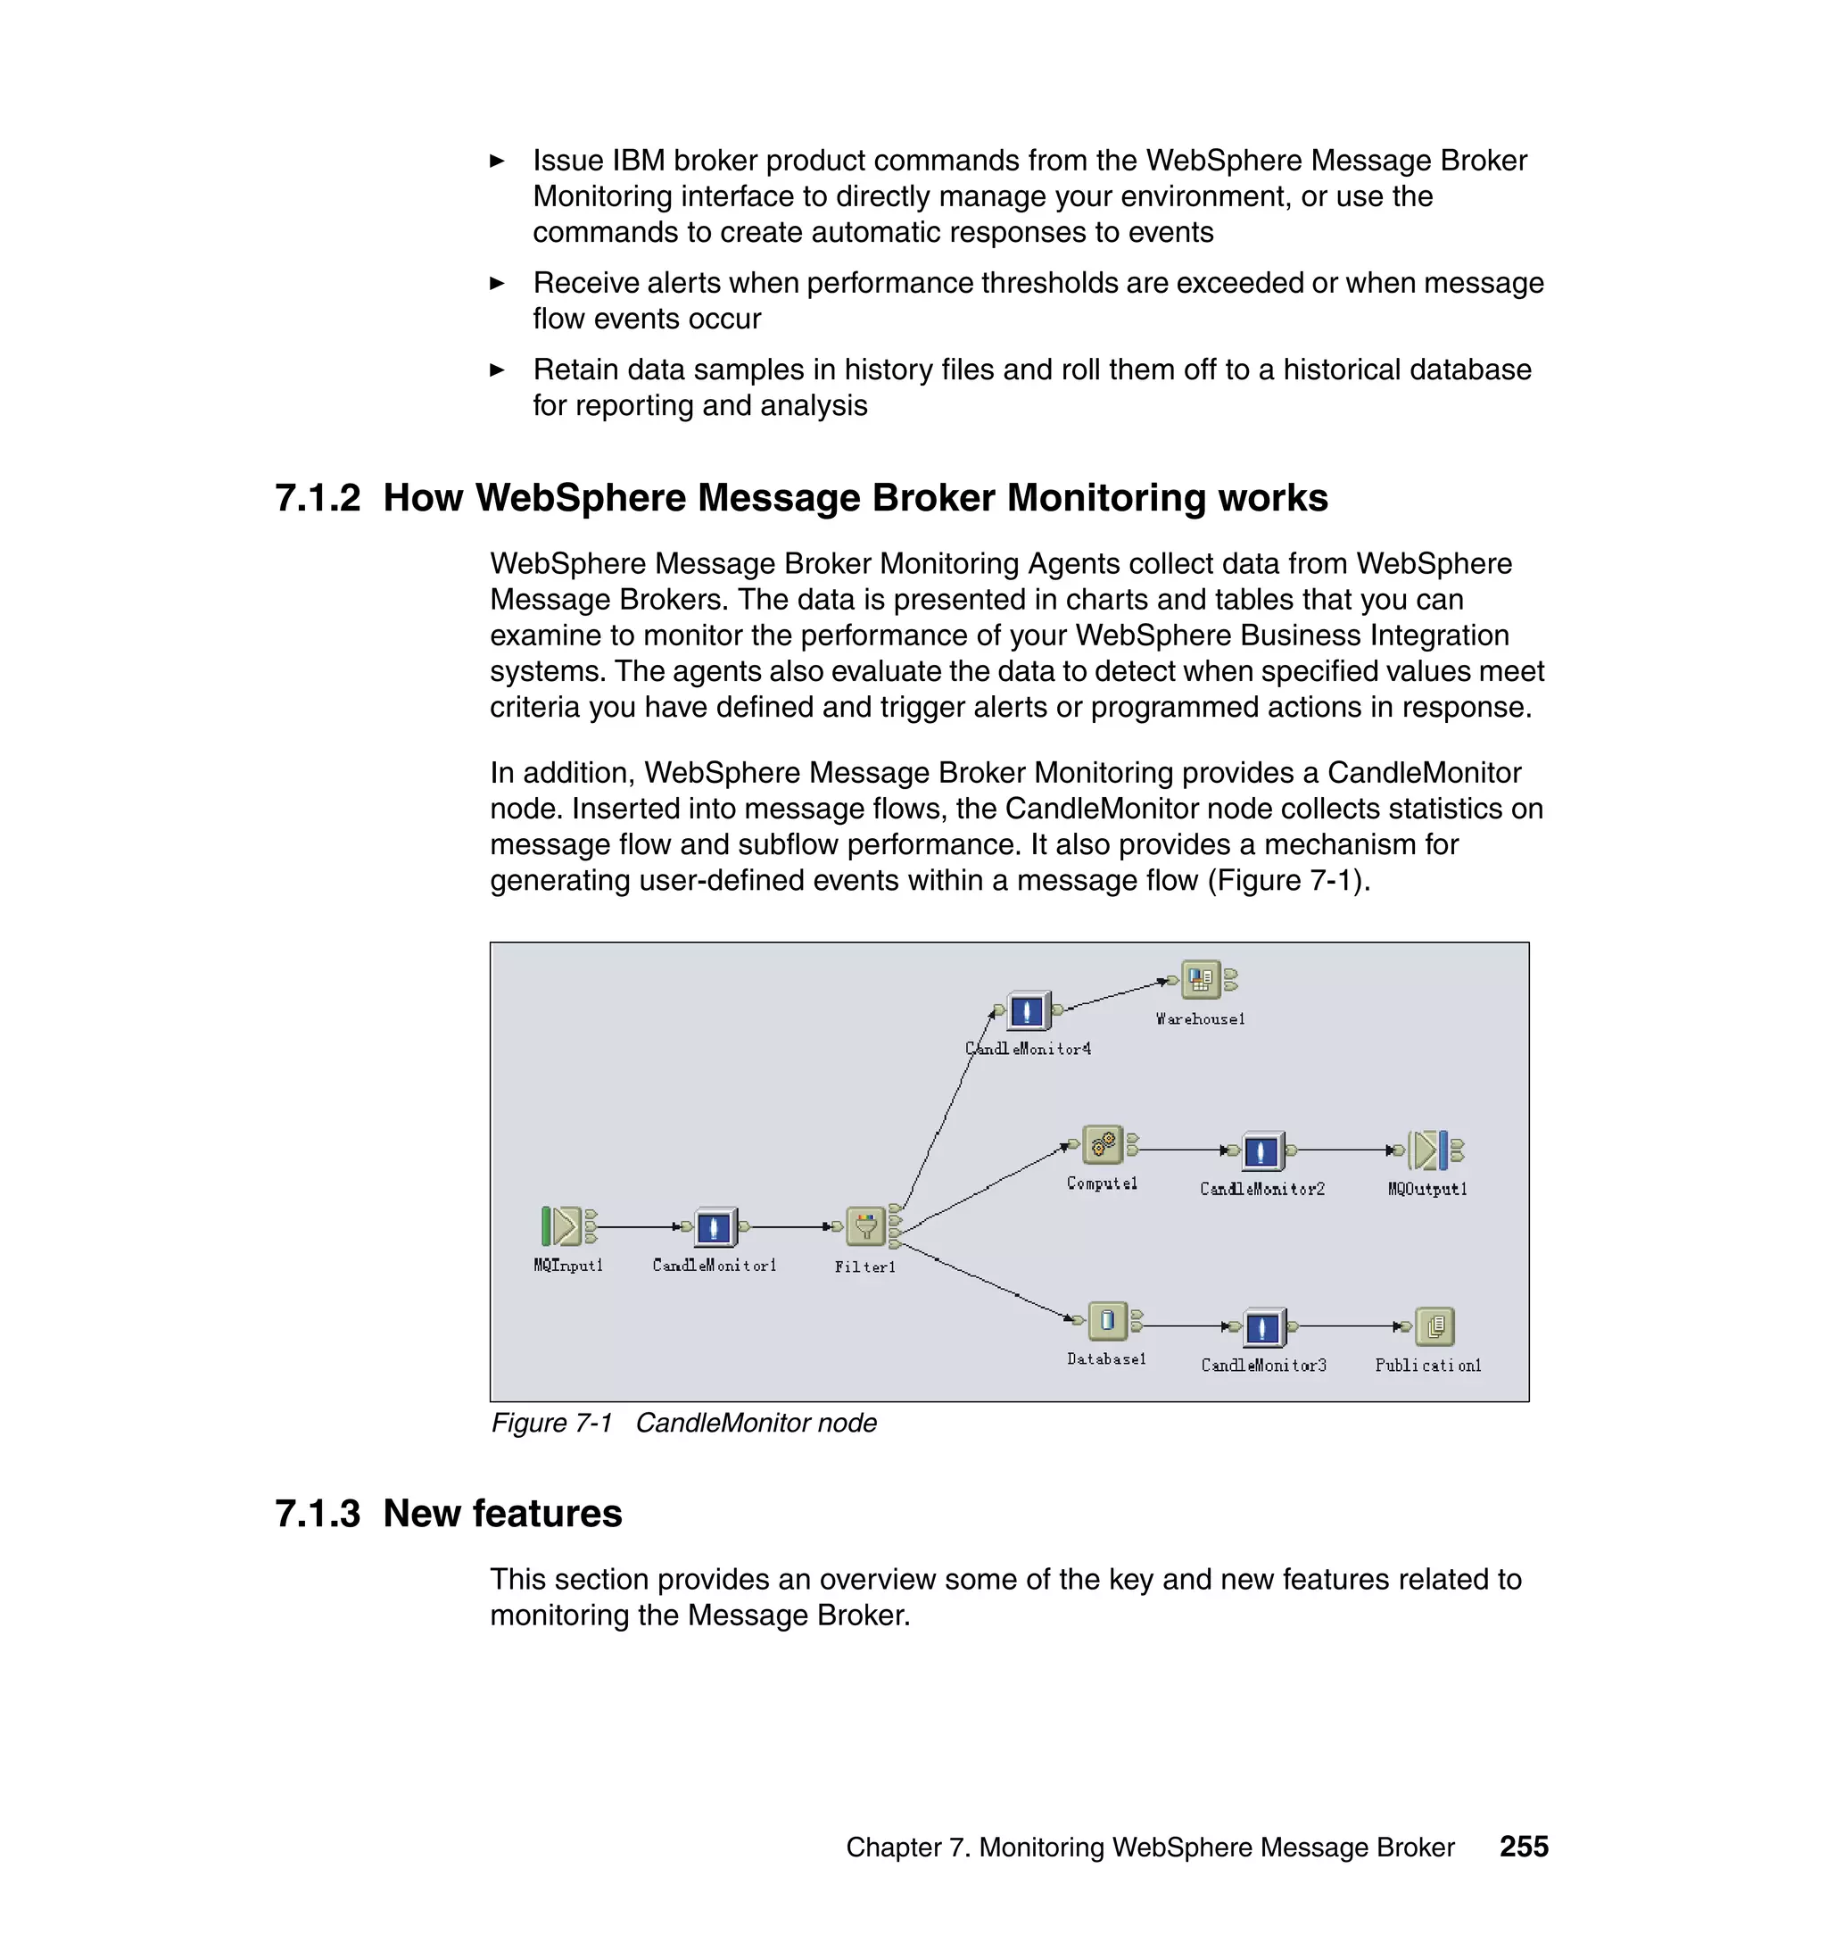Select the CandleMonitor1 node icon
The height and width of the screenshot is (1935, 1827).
coord(715,1226)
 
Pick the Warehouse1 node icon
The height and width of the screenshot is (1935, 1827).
coord(1201,979)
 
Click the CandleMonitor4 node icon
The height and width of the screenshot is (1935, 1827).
coord(1028,1010)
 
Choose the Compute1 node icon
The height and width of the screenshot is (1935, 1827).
coord(1103,1145)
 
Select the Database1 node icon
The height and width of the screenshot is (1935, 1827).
coord(1107,1321)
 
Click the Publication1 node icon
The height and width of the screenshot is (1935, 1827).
coord(1434,1326)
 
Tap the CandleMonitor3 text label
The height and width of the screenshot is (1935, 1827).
coord(1263,1365)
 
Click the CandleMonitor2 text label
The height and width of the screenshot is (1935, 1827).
coord(1262,1189)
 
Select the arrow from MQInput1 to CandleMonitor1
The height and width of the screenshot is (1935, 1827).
coord(638,1226)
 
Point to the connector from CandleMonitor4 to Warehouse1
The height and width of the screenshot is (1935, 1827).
coord(1115,995)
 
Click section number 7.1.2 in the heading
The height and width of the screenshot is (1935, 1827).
coord(318,498)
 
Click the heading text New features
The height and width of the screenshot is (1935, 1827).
coord(502,1513)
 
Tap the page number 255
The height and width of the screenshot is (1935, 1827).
coord(1523,1847)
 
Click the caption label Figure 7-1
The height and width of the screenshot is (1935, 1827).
coord(551,1423)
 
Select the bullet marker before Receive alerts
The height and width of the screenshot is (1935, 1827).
coord(497,284)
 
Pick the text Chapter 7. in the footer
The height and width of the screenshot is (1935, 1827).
coord(907,1848)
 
